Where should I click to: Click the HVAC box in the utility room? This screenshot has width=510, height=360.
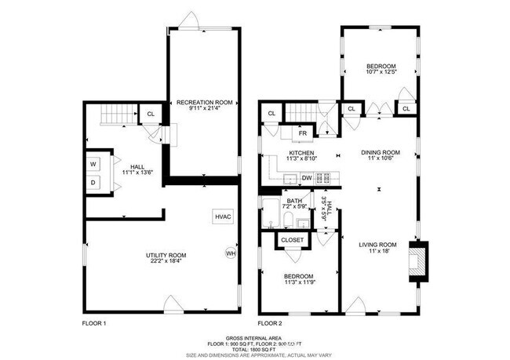(x=222, y=216)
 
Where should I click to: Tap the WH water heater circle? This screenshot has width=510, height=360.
(x=231, y=253)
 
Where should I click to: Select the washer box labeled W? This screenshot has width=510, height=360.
(x=93, y=164)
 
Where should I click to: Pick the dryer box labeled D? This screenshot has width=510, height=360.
(x=93, y=183)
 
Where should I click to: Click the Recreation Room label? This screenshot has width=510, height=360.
(x=205, y=103)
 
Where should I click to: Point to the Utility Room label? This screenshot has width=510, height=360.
(x=166, y=256)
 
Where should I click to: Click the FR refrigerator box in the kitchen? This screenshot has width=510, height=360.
(x=302, y=133)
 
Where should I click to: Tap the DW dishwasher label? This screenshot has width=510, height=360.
(x=307, y=178)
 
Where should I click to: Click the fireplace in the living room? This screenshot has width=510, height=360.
(x=420, y=262)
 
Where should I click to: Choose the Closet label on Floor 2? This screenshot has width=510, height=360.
(x=292, y=240)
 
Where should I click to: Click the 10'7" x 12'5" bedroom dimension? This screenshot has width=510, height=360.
(x=380, y=72)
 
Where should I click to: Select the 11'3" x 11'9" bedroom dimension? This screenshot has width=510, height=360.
(x=300, y=282)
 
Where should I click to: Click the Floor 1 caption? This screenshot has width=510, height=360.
(x=94, y=323)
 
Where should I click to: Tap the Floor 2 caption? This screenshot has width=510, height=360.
(x=270, y=323)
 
